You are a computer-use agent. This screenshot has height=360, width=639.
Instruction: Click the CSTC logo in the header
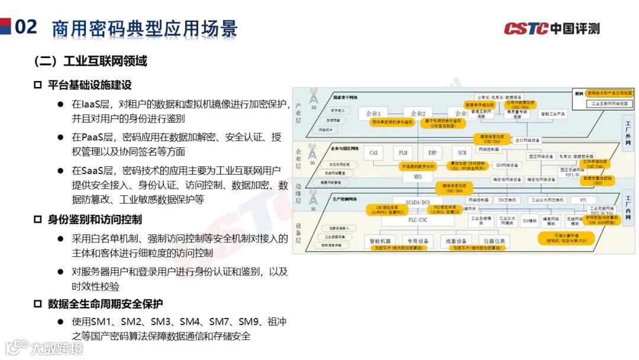(551, 28)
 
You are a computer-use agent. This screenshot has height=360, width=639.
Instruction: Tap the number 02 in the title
(27, 27)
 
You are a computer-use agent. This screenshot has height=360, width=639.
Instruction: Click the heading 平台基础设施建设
(89, 85)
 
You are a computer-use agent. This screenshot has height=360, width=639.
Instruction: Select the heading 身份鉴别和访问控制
(95, 220)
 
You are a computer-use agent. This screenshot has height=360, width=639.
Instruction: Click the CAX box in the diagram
(374, 153)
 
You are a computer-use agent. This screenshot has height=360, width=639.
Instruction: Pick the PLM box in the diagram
(402, 153)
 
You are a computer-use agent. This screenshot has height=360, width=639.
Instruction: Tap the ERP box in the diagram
(432, 153)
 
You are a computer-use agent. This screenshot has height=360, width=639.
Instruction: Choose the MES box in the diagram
(418, 176)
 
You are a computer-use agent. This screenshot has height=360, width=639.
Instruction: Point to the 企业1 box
(373, 113)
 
